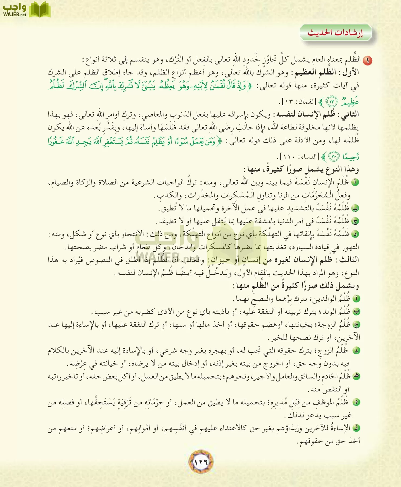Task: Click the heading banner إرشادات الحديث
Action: [x=336, y=33]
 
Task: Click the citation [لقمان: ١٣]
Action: [x=299, y=102]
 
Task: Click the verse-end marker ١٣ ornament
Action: [x=332, y=102]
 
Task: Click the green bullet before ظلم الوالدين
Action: [x=357, y=299]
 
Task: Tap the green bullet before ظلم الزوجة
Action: [x=357, y=325]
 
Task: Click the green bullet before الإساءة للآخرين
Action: [x=357, y=428]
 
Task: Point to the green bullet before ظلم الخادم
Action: [x=357, y=376]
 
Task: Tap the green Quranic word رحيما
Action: [x=351, y=157]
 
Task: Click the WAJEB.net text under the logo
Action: [x=15, y=15]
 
